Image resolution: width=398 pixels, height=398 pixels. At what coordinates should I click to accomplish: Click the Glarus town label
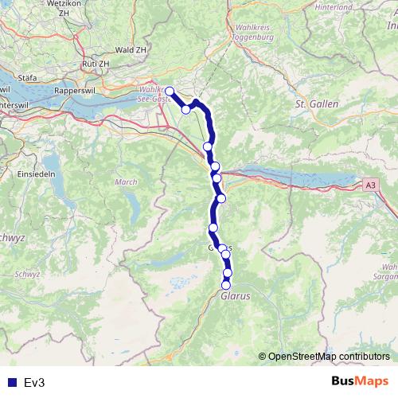click(235, 295)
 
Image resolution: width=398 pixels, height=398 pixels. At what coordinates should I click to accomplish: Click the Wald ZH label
click(132, 49)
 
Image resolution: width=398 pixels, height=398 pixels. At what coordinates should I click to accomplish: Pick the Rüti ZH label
click(96, 63)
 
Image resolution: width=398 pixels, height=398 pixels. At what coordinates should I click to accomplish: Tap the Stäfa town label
click(27, 79)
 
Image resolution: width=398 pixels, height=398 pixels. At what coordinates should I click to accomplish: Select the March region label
click(127, 182)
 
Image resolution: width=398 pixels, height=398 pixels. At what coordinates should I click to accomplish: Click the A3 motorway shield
click(371, 185)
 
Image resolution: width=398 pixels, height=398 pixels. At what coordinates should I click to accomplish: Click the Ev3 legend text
click(33, 383)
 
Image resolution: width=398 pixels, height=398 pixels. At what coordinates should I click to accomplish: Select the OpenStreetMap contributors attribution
click(329, 357)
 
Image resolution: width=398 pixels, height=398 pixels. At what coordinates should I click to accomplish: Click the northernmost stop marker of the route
click(169, 91)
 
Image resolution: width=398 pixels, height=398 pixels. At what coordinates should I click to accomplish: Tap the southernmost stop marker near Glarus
click(226, 285)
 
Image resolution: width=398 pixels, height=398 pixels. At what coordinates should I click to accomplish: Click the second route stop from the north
click(186, 110)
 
